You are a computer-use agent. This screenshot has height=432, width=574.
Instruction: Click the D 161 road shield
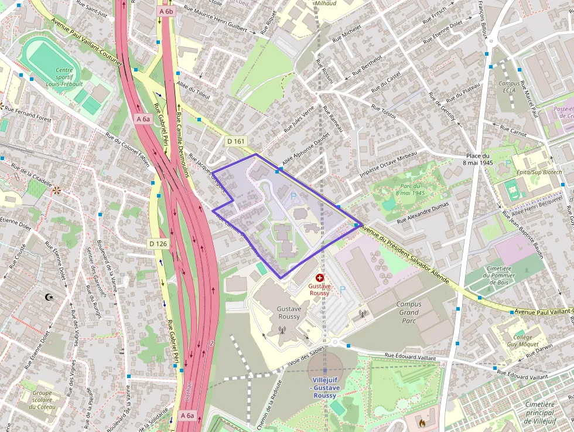tap(235, 141)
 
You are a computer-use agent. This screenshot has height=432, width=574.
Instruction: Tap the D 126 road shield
tap(158, 243)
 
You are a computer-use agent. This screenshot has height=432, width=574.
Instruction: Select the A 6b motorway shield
tap(166, 11)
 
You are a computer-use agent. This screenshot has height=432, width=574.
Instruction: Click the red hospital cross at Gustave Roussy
tap(319, 277)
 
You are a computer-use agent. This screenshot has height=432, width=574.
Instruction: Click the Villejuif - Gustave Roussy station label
tap(324, 387)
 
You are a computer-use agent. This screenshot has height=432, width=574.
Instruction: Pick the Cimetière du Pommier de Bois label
tap(498, 276)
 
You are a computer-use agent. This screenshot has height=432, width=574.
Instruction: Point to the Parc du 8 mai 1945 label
tap(409, 189)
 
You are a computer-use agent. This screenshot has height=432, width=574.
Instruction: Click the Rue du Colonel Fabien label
tap(128, 148)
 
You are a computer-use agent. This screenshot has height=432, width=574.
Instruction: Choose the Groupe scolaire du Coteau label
tap(42, 400)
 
